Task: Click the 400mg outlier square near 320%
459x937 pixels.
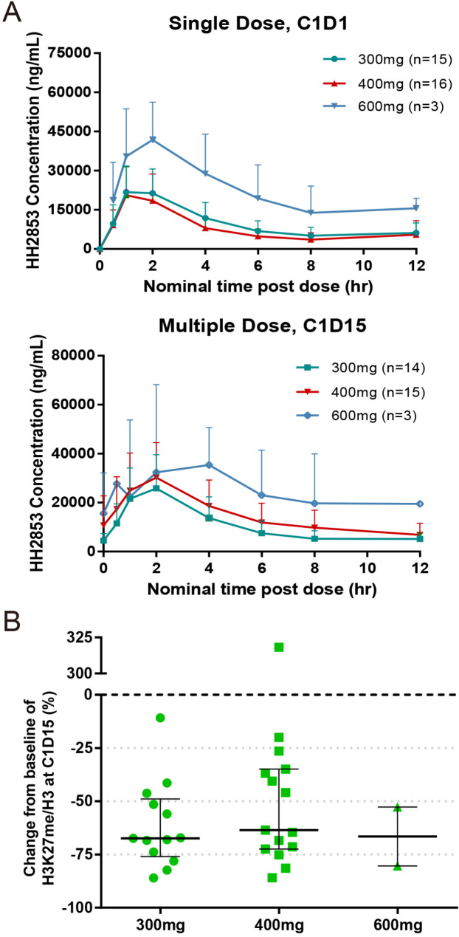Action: (x=279, y=647)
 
